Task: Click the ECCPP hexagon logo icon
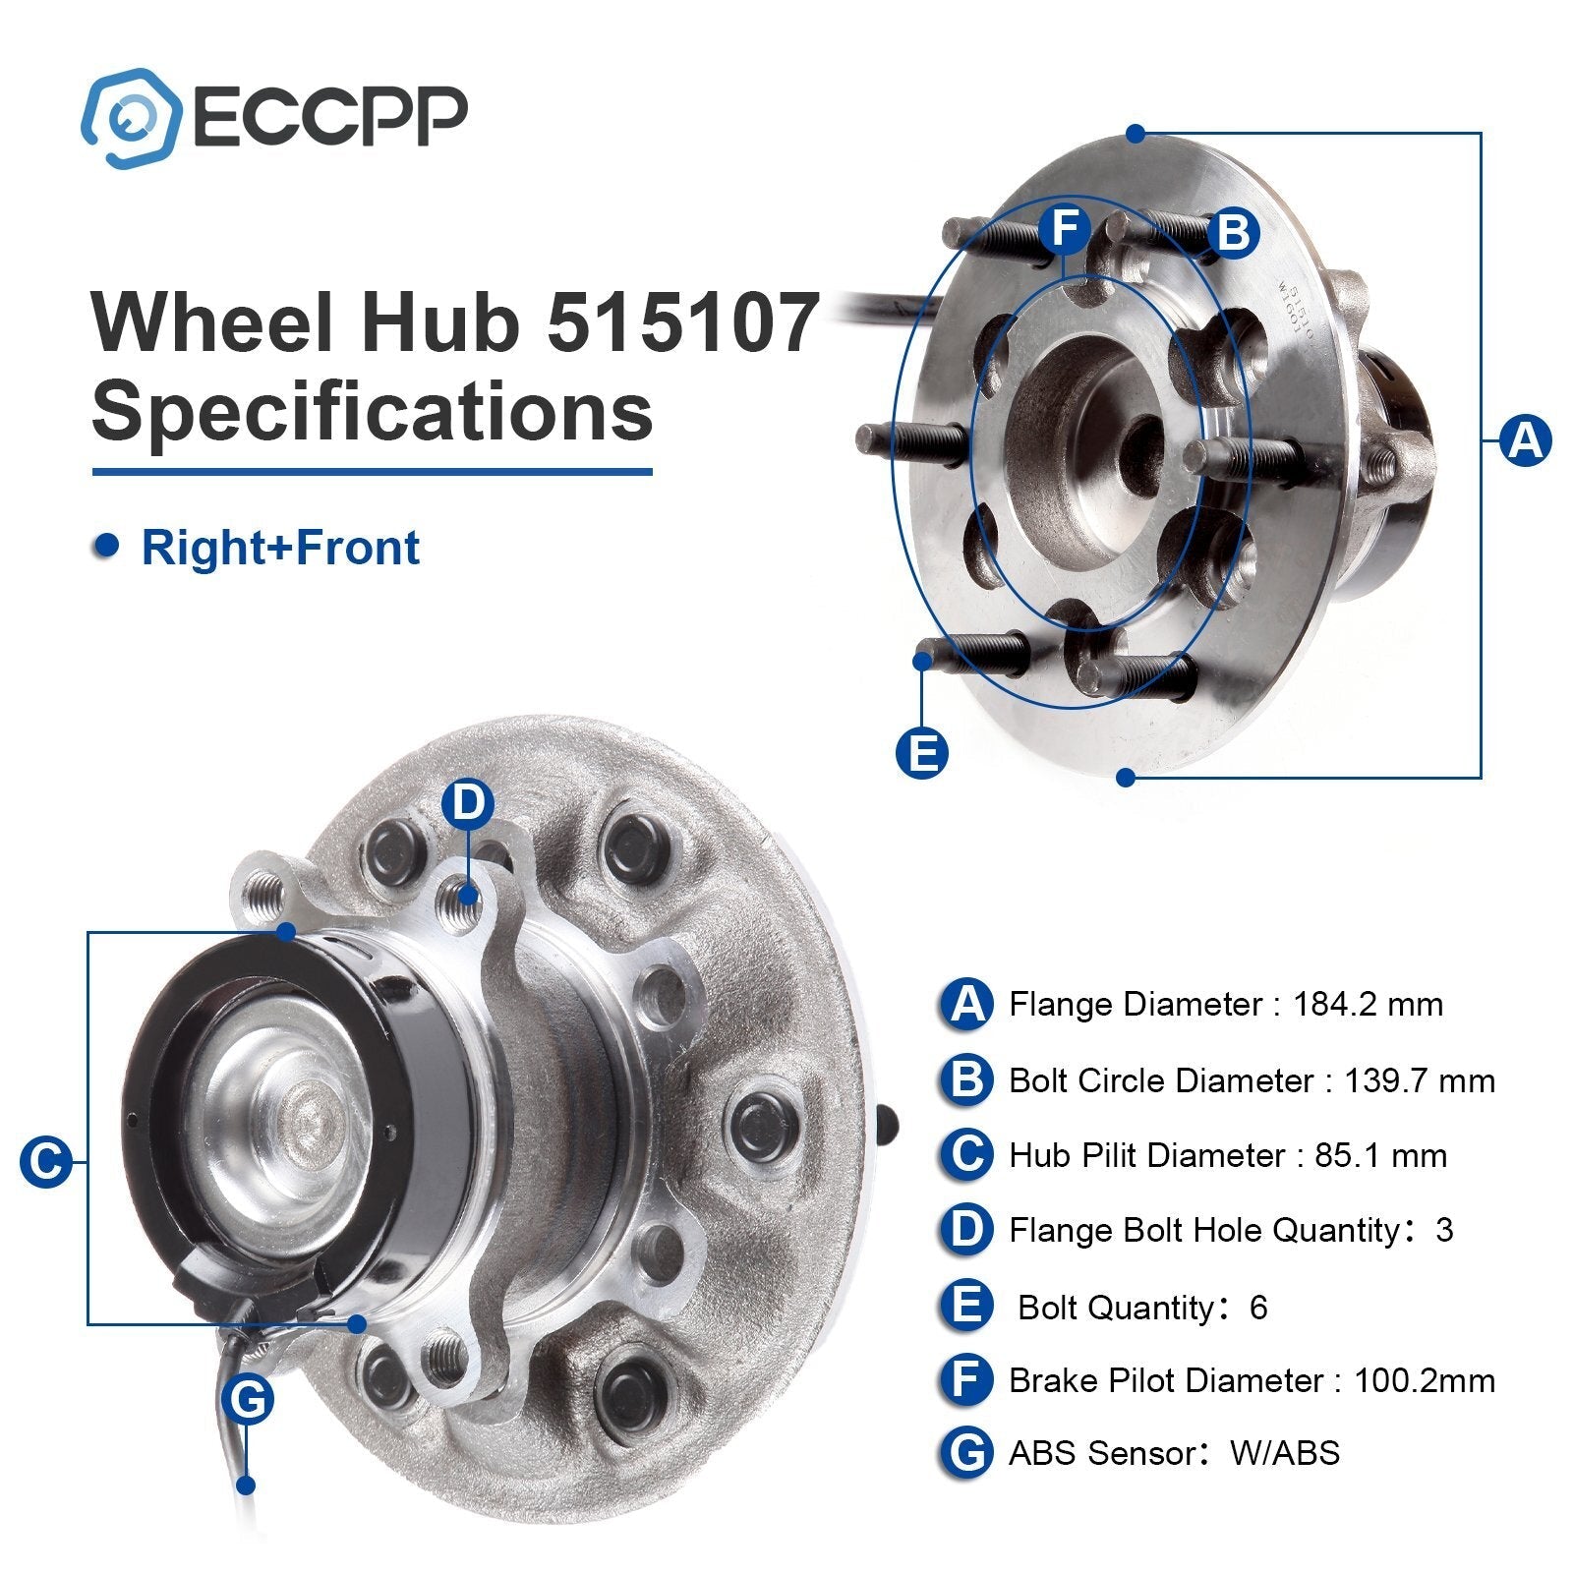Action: point(131,118)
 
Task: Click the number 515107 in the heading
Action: point(683,321)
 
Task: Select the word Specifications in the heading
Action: point(372,410)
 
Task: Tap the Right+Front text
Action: point(280,548)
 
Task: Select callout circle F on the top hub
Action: point(1065,228)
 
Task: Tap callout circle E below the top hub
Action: point(922,754)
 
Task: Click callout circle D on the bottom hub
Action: point(468,804)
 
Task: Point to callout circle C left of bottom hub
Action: point(46,1162)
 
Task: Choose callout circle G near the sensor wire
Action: point(248,1399)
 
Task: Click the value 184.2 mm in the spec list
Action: point(1368,1005)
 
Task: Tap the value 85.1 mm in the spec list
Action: point(1380,1155)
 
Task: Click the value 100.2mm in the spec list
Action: point(1424,1380)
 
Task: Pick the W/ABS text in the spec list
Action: point(1284,1452)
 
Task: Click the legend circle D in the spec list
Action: point(967,1230)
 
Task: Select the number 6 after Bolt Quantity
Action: point(1257,1308)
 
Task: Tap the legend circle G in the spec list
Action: point(967,1453)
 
